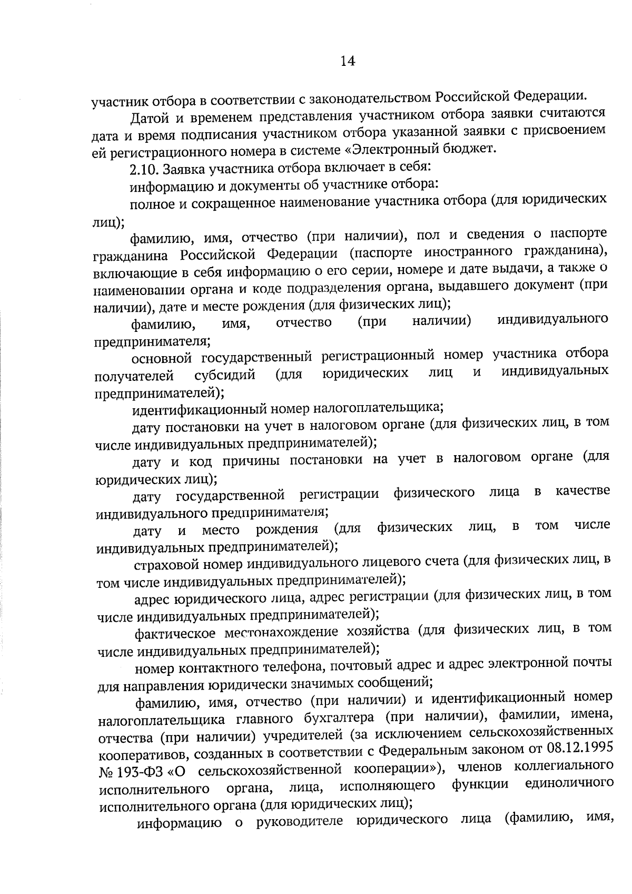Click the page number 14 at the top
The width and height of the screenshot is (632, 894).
tap(348, 62)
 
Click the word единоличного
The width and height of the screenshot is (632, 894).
tap(569, 783)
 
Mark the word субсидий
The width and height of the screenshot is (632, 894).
tap(225, 376)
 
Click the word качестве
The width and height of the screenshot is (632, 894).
tap(582, 491)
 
